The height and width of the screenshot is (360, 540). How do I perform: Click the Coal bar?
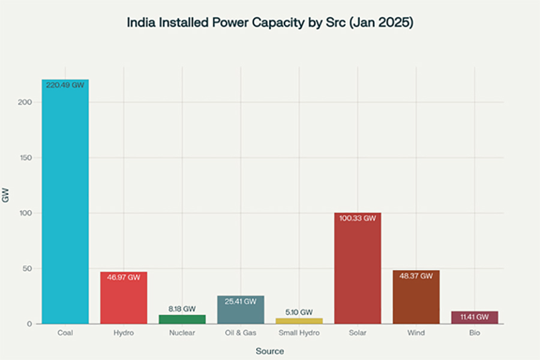[65, 204]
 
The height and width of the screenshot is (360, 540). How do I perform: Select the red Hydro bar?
[124, 298]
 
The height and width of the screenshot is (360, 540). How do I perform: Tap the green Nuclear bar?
[182, 319]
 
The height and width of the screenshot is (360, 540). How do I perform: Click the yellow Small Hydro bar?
[299, 321]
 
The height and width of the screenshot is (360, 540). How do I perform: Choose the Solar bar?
[358, 270]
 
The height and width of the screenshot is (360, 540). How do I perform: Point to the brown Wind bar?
[416, 297]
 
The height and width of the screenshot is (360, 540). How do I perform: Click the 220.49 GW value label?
[65, 86]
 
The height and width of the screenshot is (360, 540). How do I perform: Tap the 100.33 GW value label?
[358, 218]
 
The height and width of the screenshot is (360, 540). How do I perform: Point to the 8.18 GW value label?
[182, 309]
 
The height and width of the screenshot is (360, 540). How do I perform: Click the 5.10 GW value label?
[299, 312]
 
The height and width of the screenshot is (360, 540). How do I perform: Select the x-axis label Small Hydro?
[299, 333]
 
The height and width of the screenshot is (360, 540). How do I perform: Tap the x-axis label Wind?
[416, 333]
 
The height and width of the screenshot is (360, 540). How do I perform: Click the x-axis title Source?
[269, 351]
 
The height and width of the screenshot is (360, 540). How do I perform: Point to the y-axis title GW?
[6, 196]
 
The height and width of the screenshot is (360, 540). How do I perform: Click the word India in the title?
[140, 23]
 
